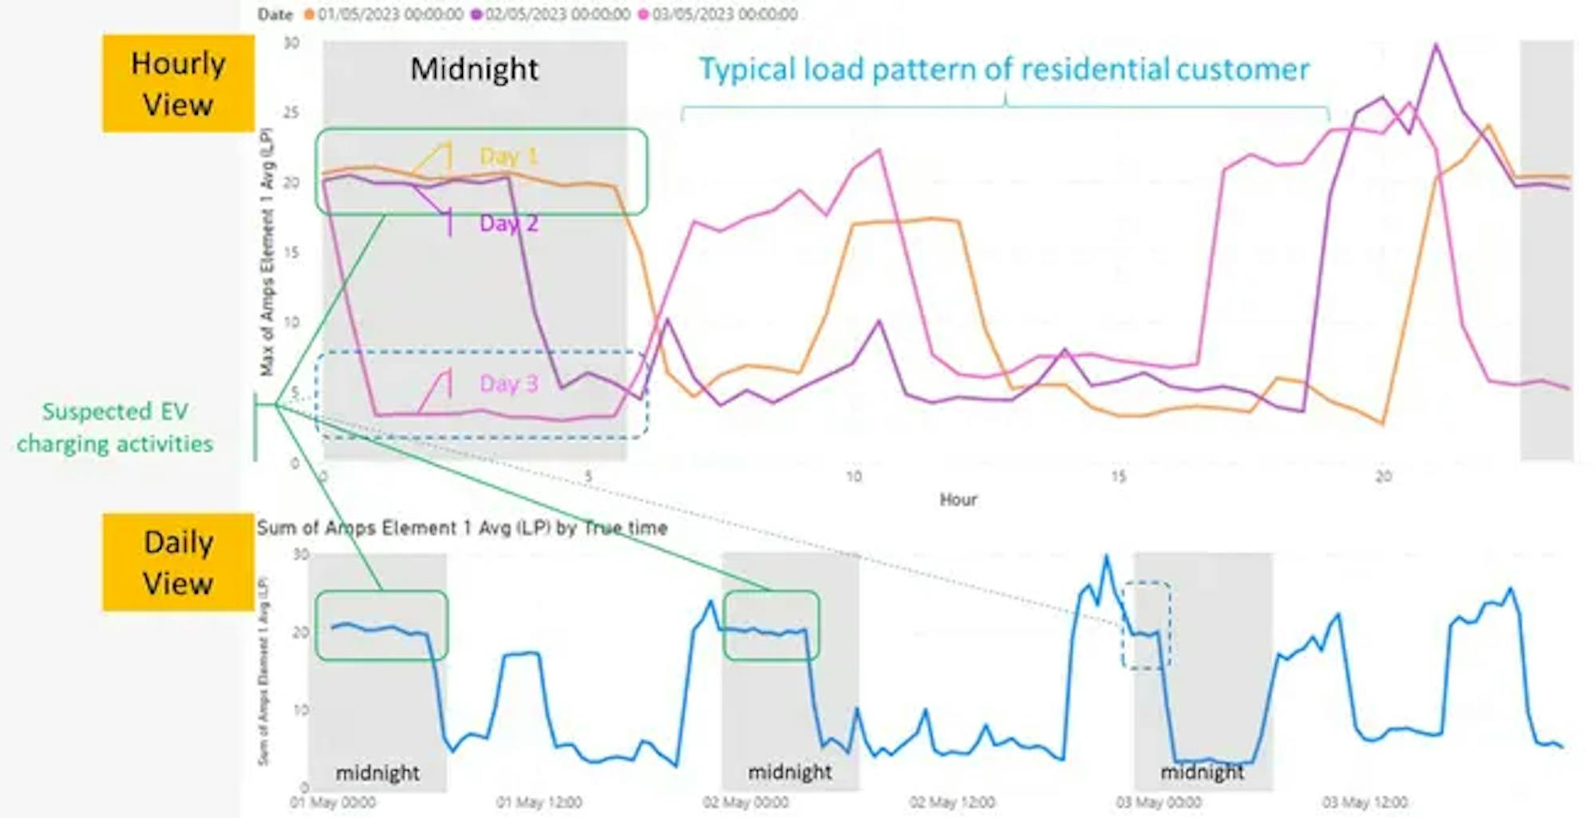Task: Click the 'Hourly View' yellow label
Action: coord(178,84)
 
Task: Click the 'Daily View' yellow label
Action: coord(178,563)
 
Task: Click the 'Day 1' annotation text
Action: coord(508,156)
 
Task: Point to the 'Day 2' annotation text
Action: coord(508,223)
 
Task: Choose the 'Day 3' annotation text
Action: coord(508,384)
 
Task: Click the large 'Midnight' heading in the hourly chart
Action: coord(474,69)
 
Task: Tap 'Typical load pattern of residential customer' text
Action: coord(1004,70)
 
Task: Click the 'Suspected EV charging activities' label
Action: coord(115,428)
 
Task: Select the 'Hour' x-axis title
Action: coord(958,500)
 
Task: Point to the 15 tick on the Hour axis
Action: coord(1118,476)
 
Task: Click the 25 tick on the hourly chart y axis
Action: coord(291,113)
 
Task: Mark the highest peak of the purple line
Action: coord(1436,45)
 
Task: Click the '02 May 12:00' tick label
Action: coord(951,802)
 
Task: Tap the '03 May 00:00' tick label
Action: coord(1158,802)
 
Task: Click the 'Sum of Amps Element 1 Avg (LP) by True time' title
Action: coord(462,528)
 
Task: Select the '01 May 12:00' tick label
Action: coord(539,802)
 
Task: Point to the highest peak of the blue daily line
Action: coord(1106,556)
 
